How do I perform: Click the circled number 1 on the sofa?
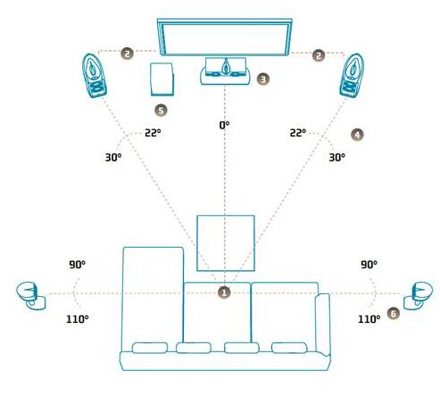click(x=224, y=292)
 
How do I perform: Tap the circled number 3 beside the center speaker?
click(x=263, y=79)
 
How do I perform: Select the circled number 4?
click(x=357, y=135)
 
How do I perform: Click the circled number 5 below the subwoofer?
click(x=161, y=111)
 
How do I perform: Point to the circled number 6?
click(x=394, y=313)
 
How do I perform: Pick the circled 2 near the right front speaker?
click(x=319, y=55)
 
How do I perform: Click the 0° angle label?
click(x=224, y=125)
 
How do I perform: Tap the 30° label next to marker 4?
click(x=337, y=157)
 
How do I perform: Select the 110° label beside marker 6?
click(x=369, y=319)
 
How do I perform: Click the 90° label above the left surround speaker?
click(x=77, y=264)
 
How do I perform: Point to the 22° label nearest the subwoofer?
click(x=153, y=133)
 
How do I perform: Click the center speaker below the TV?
click(x=225, y=71)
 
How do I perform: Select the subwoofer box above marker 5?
click(x=162, y=79)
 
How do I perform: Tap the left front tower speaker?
click(x=95, y=76)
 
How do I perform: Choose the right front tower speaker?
click(x=352, y=76)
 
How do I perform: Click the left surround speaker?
click(x=31, y=295)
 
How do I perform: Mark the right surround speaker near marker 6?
click(x=418, y=295)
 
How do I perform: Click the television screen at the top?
click(x=225, y=37)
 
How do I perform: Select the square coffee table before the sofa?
click(x=226, y=243)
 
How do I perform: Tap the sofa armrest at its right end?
click(x=323, y=324)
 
